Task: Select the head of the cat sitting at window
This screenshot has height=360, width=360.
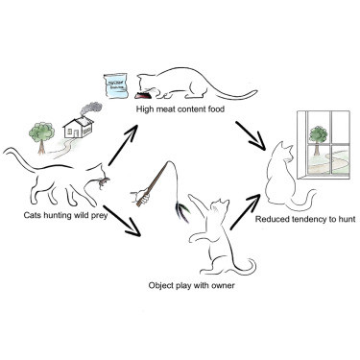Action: click(x=284, y=153)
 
